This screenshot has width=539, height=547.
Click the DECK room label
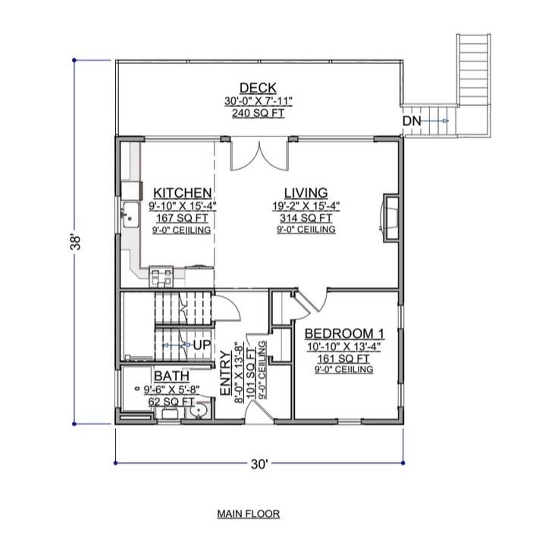click(x=258, y=88)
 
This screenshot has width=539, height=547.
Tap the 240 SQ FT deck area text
click(x=258, y=113)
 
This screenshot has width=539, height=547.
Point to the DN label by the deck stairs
click(x=411, y=121)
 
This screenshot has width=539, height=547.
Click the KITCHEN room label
click(x=182, y=192)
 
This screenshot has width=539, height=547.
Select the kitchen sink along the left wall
click(x=130, y=214)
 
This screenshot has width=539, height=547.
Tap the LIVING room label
click(x=306, y=192)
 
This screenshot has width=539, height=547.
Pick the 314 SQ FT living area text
click(x=306, y=217)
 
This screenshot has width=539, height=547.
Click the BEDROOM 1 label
click(x=345, y=333)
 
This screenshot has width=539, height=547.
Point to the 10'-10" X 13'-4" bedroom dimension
click(x=345, y=346)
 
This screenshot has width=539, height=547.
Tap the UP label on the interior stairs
click(x=201, y=345)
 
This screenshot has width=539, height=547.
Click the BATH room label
click(x=171, y=377)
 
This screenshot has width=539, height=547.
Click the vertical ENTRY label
click(x=225, y=372)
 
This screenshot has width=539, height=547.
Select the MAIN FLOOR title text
click(x=249, y=514)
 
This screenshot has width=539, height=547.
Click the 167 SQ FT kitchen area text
click(x=182, y=217)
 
